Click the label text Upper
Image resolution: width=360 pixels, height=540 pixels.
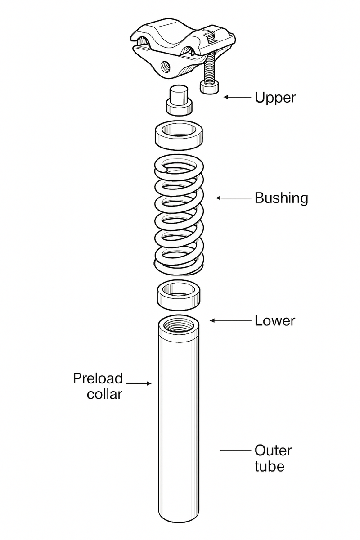click(x=275, y=97)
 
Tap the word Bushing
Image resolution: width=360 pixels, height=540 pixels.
click(x=281, y=198)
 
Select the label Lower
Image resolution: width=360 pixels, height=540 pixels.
click(x=274, y=320)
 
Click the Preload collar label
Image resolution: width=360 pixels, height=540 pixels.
click(x=98, y=386)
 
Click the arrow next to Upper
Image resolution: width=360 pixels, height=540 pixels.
click(x=237, y=97)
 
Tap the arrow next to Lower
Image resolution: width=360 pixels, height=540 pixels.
click(x=229, y=320)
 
